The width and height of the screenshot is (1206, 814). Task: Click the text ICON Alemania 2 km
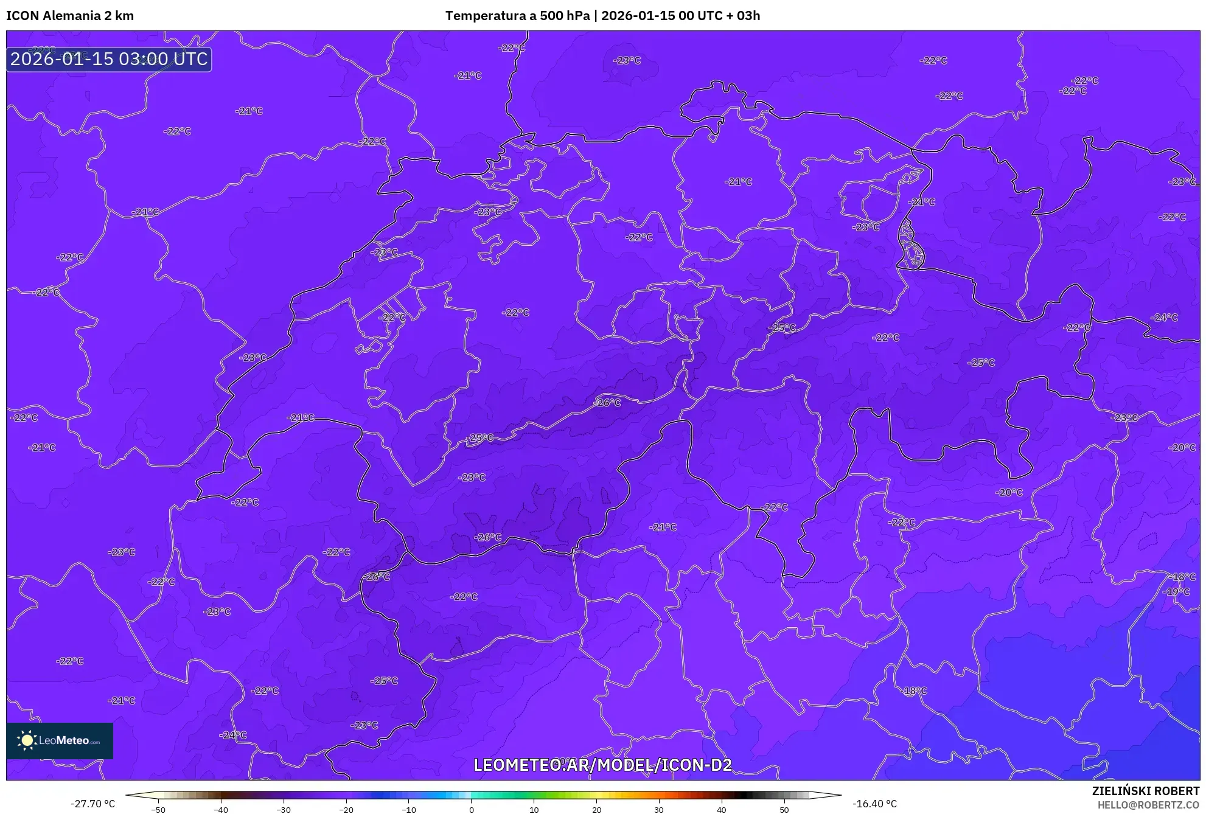click(70, 16)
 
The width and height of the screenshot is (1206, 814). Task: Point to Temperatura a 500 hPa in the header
click(517, 16)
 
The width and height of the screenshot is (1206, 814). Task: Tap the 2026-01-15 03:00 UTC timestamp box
click(109, 59)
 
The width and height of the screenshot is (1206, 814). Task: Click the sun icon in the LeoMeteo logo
click(27, 740)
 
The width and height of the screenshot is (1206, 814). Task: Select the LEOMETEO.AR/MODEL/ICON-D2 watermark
click(602, 765)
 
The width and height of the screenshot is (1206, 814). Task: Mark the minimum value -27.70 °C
click(92, 804)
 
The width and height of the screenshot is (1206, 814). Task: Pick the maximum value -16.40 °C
click(874, 804)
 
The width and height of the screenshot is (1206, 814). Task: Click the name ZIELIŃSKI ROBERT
click(1145, 791)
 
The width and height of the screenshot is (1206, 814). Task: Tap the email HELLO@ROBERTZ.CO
click(1148, 805)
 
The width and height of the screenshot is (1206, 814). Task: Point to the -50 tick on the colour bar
click(158, 810)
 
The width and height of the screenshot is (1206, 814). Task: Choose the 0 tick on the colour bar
click(471, 810)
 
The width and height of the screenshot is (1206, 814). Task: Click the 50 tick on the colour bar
click(784, 810)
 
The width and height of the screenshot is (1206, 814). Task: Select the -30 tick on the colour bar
click(284, 810)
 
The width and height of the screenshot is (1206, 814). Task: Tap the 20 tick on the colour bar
click(596, 810)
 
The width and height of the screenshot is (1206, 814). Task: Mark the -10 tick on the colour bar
click(409, 810)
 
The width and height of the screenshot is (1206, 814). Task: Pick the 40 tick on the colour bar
click(721, 810)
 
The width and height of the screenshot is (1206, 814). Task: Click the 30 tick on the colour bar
click(659, 810)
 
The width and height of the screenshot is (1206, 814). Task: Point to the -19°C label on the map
click(1176, 591)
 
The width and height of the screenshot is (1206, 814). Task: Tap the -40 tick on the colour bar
click(221, 810)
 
